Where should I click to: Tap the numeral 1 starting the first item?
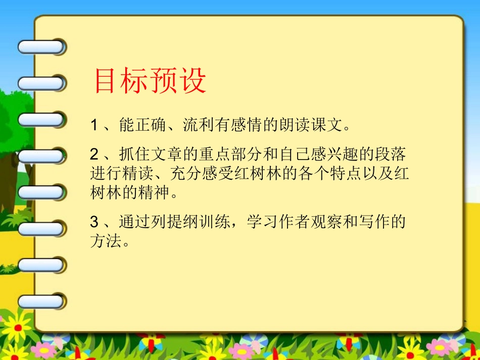94,125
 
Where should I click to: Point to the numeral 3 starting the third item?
94,222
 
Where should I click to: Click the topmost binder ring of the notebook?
41,47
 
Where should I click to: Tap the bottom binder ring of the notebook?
41,301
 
